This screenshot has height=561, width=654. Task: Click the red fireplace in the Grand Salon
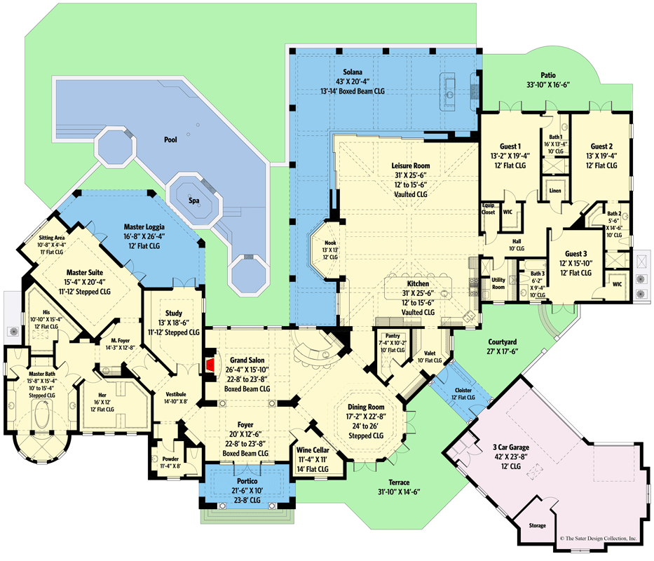210,365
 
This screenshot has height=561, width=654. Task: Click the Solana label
353,72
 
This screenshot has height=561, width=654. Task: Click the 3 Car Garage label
500,447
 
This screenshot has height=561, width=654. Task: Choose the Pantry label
393,336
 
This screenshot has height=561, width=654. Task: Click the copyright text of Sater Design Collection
599,539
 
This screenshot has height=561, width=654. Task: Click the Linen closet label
554,190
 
